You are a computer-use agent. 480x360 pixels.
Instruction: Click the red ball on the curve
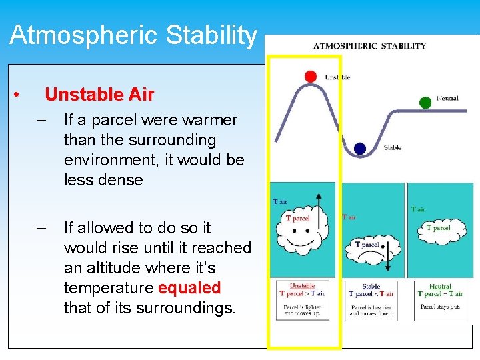click(x=311, y=76)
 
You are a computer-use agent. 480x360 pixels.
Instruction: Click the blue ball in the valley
click(x=360, y=148)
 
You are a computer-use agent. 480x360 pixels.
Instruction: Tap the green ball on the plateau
click(x=425, y=102)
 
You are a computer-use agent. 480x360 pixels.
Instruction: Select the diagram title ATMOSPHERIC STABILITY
click(x=369, y=46)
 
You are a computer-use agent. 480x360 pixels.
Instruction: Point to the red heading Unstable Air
click(x=99, y=95)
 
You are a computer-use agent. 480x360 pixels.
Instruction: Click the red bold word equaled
click(x=189, y=288)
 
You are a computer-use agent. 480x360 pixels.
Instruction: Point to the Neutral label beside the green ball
click(x=447, y=99)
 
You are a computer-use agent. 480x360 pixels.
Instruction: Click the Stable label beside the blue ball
click(x=393, y=147)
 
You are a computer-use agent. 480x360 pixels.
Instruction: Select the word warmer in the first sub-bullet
click(x=206, y=121)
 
